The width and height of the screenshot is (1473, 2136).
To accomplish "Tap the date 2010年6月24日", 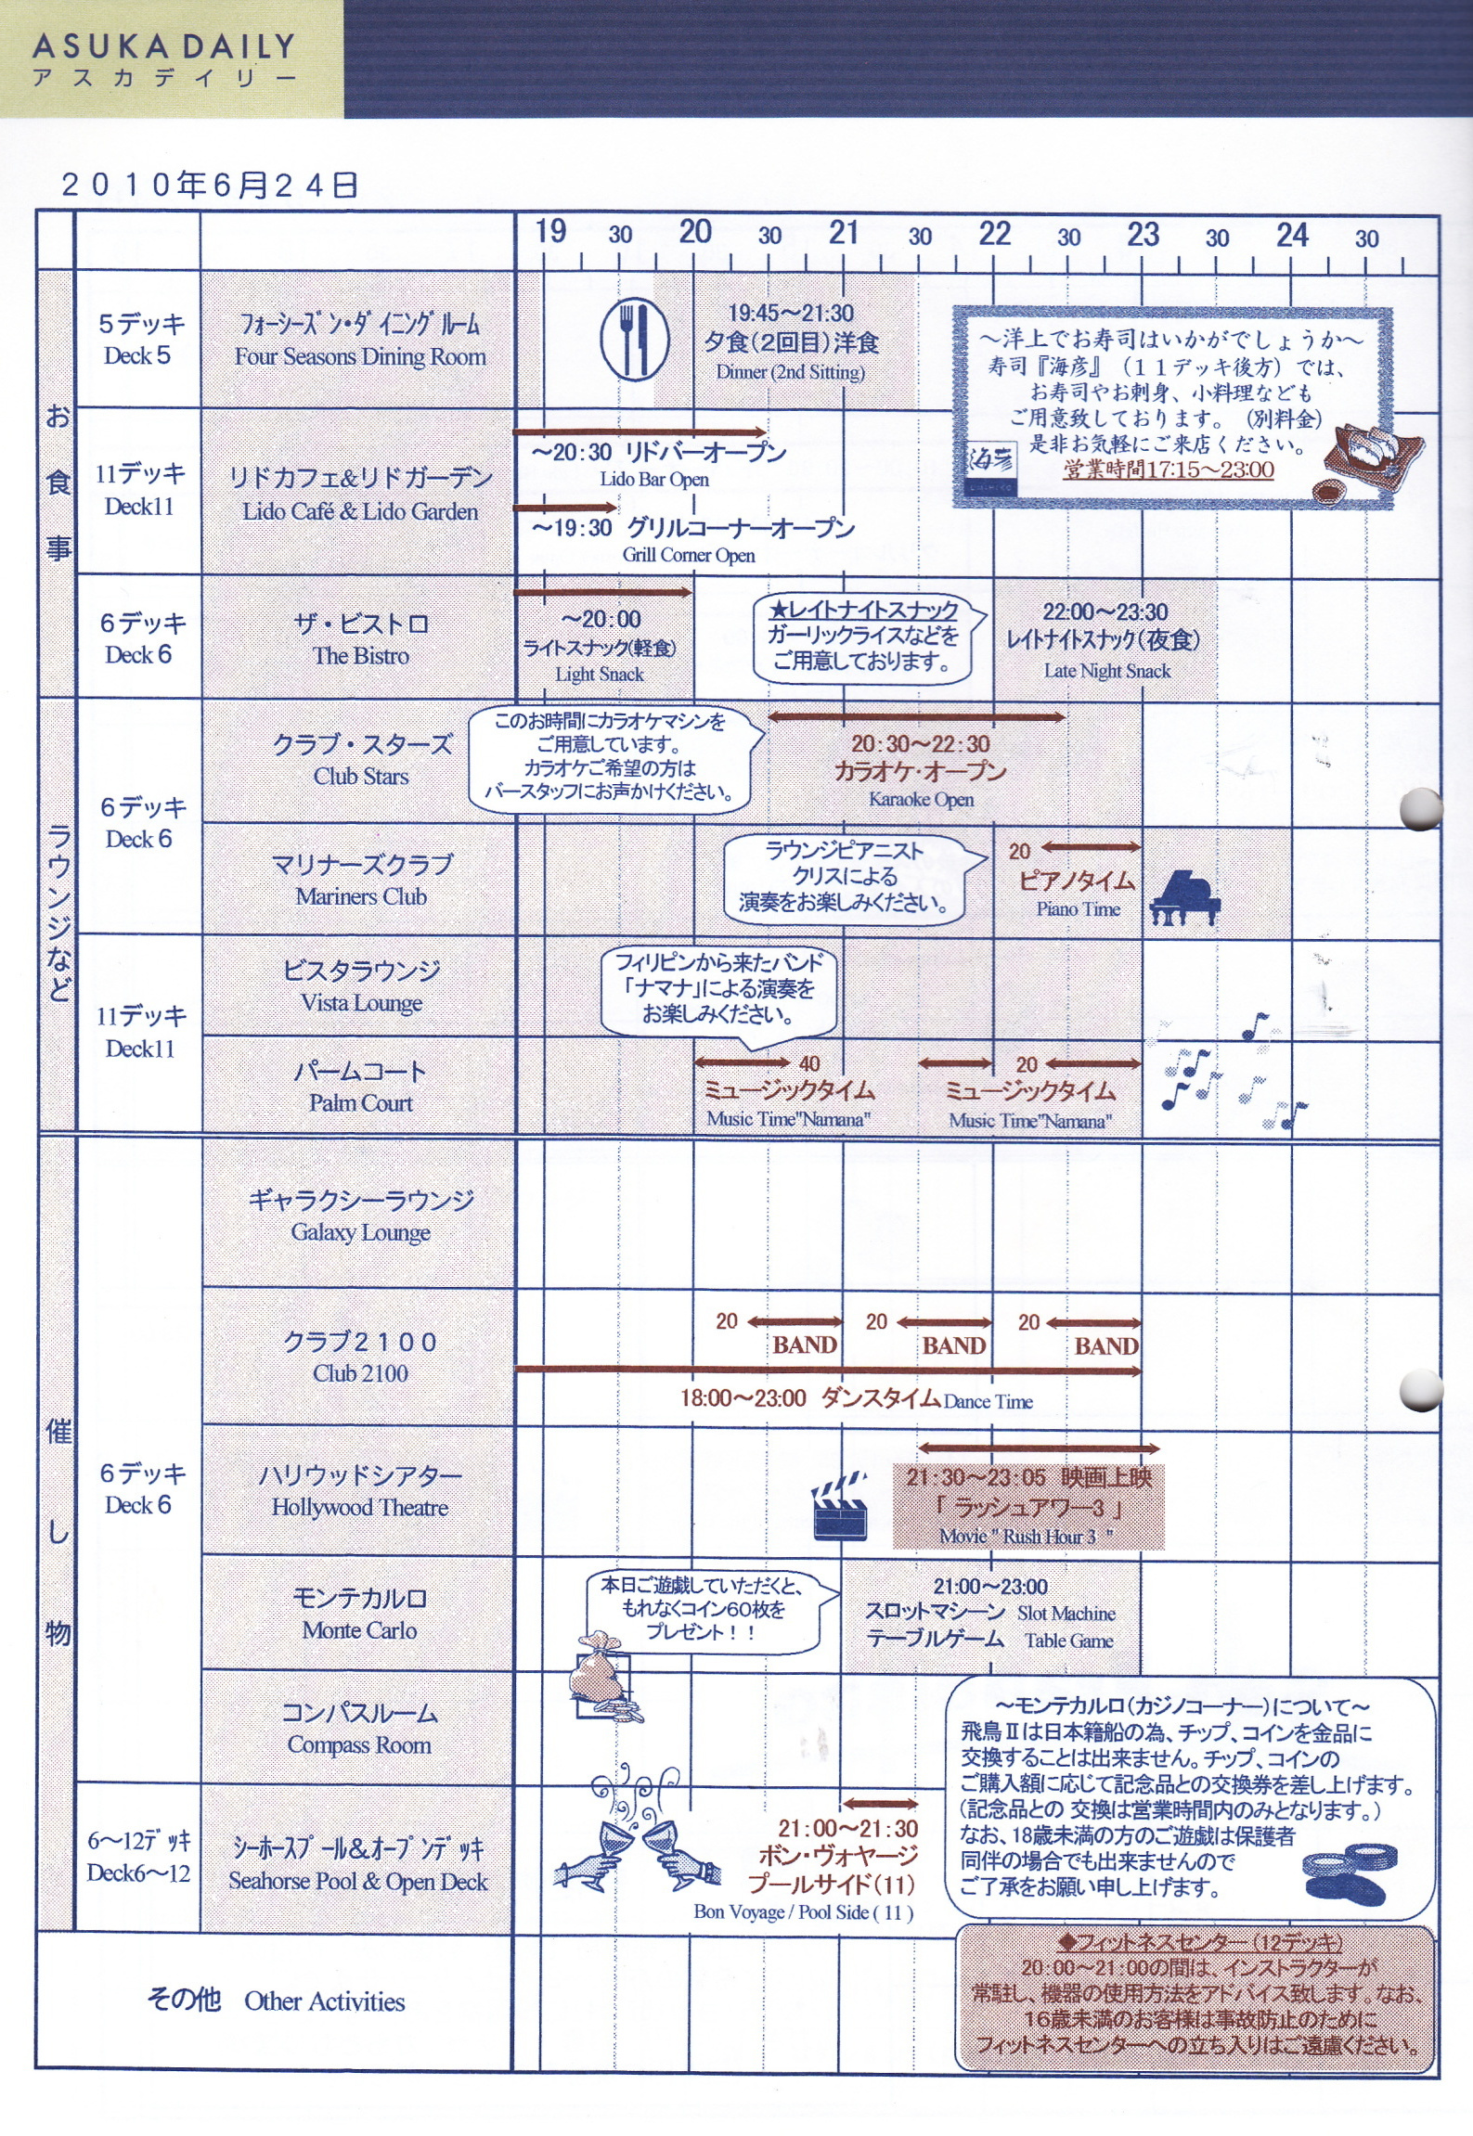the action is (x=210, y=185).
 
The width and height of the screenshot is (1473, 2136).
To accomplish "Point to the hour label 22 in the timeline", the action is (x=994, y=233).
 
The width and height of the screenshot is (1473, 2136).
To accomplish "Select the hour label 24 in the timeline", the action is (x=1292, y=235).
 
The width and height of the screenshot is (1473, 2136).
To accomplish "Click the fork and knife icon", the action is (x=635, y=339).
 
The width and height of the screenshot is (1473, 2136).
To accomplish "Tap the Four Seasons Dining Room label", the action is (x=360, y=356).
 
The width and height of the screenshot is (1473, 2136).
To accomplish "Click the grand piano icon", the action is (x=1184, y=897).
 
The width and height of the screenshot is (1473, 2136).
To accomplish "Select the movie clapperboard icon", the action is (x=840, y=1507).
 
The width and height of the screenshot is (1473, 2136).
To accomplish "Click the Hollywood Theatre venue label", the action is (x=360, y=1507).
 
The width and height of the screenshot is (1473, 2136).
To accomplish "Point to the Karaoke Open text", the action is (x=921, y=799).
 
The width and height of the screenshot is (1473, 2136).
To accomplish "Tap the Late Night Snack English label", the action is (x=1106, y=671).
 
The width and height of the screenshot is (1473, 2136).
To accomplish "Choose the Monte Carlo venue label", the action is (x=359, y=1629).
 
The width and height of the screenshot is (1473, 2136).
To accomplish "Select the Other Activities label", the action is (x=325, y=2001).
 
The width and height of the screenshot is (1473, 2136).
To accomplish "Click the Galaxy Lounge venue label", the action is (x=360, y=1232).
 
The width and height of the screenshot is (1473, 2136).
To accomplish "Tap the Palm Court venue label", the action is (x=361, y=1102).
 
